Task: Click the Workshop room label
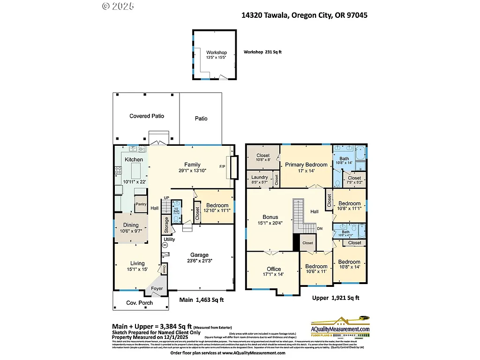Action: pos(217,52)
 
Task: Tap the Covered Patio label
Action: pos(147,116)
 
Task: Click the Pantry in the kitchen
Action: pos(141,204)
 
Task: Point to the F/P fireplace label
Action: pos(222,166)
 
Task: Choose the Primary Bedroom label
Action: pos(307,165)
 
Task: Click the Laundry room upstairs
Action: pos(259,178)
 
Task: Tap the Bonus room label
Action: pos(270,217)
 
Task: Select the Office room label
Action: pos(274,269)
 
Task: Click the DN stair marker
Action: pos(320,228)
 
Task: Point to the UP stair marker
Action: pos(166,198)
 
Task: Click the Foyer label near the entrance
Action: pos(157,289)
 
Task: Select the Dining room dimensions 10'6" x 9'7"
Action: pos(131,231)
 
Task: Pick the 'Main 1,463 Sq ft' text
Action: pos(202,300)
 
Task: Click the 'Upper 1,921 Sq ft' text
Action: pos(336,298)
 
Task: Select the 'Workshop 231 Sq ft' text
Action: pos(262,52)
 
